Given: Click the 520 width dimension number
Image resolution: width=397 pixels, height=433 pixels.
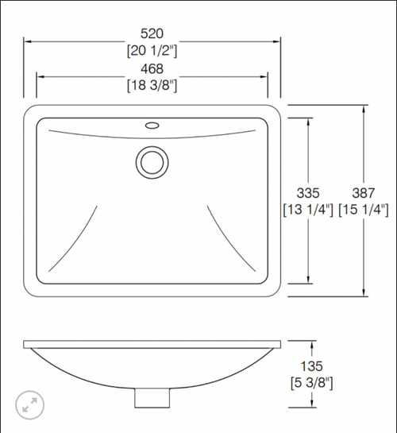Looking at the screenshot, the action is click(152, 33).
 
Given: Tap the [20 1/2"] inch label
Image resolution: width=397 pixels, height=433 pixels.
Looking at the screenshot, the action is click(152, 51).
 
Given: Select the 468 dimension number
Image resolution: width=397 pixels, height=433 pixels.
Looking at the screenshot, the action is click(152, 69).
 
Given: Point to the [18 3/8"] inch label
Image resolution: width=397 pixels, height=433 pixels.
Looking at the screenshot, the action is click(152, 85).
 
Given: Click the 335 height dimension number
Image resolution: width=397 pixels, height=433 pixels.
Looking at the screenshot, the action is click(308, 193).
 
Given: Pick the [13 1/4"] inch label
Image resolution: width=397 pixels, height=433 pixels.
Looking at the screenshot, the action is click(308, 210).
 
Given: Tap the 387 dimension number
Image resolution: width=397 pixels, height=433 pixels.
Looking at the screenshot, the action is click(364, 193).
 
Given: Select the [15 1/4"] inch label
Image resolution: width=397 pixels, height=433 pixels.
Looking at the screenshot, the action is click(364, 210).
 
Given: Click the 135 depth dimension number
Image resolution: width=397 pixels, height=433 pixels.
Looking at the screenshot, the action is click(312, 366).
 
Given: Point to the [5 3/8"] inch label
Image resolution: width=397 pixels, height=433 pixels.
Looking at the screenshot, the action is click(312, 383).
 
